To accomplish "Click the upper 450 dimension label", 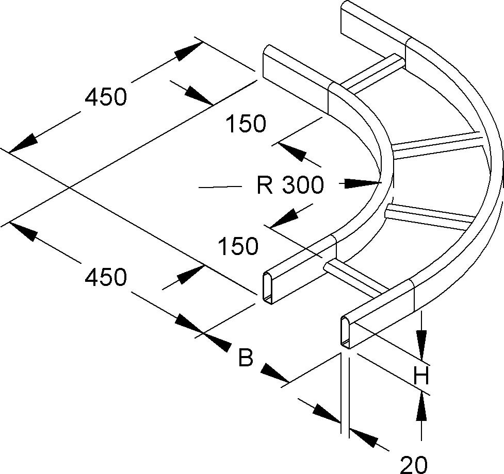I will point(106,97).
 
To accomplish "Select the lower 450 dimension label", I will point(106,277).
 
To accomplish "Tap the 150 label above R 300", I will point(246,124).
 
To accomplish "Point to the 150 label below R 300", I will point(237,247).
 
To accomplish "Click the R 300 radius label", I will point(290,185).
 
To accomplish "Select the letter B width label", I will point(246,358).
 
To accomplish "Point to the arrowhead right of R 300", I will point(363,182).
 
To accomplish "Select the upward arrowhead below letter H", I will point(422,404).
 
